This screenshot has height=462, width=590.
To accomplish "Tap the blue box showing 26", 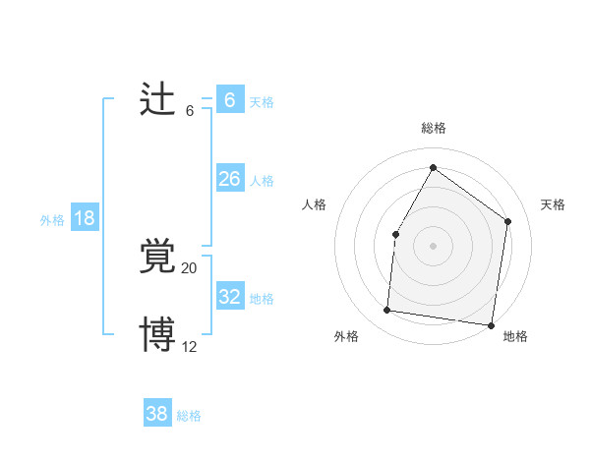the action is (230, 179).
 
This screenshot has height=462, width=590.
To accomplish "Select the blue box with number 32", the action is (230, 297).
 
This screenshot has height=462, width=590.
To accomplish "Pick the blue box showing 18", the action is (85, 218).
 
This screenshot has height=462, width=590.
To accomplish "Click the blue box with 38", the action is (157, 414).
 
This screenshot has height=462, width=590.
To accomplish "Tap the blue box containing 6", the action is (230, 100).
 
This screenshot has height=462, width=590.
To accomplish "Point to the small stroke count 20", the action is (190, 268).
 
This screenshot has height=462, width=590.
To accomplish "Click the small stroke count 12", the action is (190, 345).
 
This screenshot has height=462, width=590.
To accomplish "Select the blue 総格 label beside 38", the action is (189, 416).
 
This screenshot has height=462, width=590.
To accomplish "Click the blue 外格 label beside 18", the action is (52, 220).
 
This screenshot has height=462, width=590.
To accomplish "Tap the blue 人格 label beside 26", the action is (262, 181).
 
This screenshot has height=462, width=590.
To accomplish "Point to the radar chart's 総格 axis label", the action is (433, 128).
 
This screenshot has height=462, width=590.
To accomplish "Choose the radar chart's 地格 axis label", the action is (515, 337).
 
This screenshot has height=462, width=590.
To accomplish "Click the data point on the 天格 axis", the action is (507, 221).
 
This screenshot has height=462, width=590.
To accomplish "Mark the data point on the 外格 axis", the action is (387, 311).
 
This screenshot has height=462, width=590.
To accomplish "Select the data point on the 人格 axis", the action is (395, 234).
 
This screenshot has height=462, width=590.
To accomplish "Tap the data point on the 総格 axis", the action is (433, 168).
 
